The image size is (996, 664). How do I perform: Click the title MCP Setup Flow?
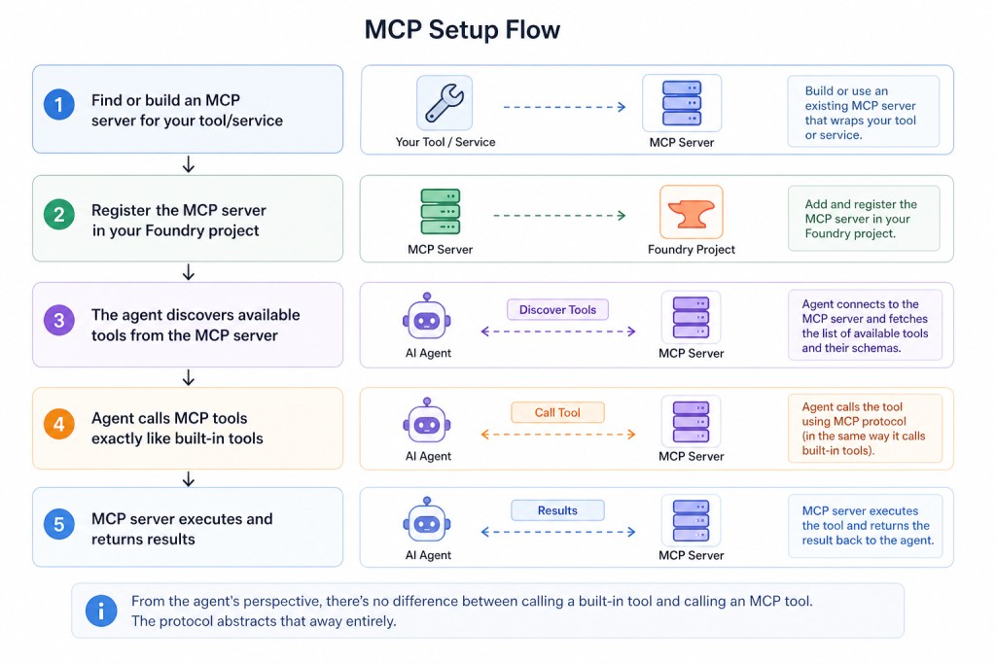point(462,30)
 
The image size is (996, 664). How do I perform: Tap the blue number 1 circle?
point(59,105)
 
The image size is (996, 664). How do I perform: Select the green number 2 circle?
point(59,215)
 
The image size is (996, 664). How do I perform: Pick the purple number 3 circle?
point(59,320)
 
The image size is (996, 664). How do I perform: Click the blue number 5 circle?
point(59,526)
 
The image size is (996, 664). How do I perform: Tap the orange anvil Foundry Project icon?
point(691,211)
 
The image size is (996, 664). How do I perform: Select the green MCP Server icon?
point(440,210)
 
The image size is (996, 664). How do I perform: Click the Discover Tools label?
point(557,310)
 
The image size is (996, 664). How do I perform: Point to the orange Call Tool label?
point(557,412)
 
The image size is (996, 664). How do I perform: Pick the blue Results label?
point(557,510)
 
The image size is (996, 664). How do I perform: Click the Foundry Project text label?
point(691,250)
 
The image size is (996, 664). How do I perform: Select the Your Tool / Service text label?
point(445,143)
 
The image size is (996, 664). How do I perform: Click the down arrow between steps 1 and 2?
point(189,165)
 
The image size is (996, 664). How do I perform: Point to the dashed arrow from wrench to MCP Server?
point(563,107)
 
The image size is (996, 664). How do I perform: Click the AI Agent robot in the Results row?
point(428,522)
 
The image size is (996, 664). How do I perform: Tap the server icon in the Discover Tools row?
point(691,316)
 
